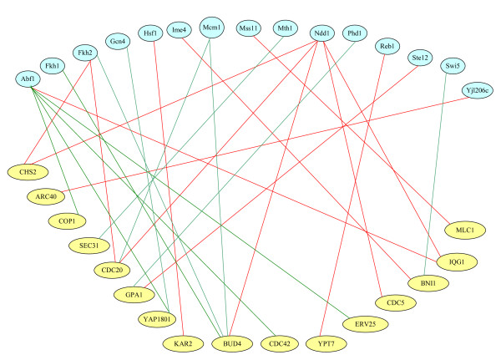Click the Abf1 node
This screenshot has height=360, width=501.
click(x=27, y=79)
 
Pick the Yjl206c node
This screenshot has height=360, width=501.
click(x=479, y=89)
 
